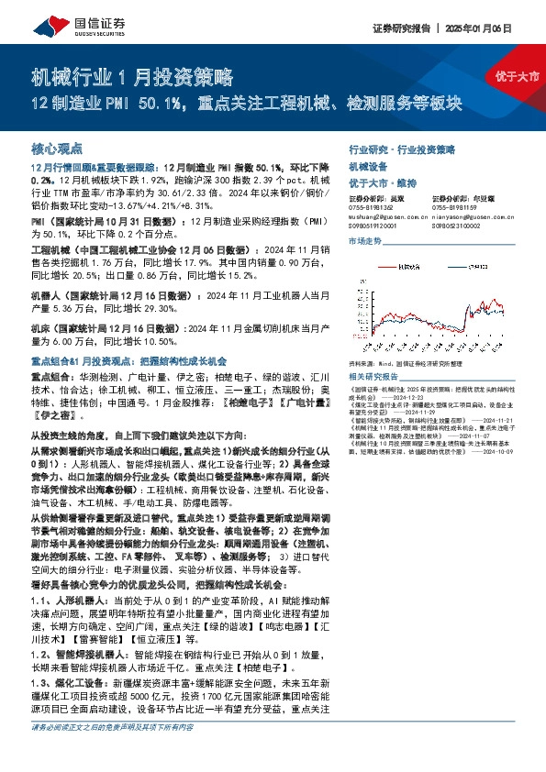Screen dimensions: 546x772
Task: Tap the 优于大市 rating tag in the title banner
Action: click(x=518, y=77)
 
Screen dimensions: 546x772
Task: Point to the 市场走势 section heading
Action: click(x=364, y=241)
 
